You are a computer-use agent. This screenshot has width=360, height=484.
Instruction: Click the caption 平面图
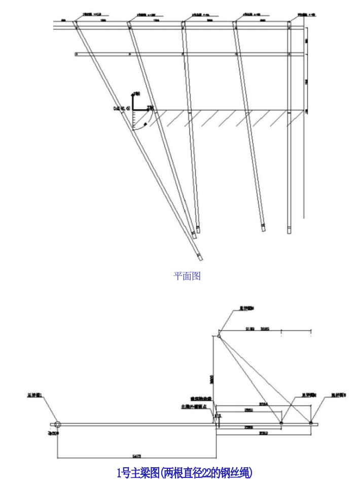[x=187, y=276]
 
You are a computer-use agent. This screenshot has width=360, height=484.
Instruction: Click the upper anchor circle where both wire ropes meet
[x=219, y=335]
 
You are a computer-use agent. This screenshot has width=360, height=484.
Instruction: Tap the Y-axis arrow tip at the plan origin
[x=134, y=93]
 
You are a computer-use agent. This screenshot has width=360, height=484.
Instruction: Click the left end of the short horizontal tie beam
[x=76, y=53]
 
